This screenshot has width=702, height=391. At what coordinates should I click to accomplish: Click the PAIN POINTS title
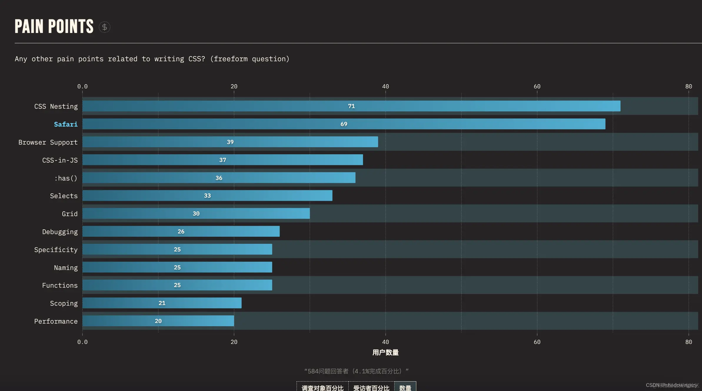pos(54,26)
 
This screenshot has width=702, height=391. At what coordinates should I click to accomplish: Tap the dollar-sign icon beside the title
pos(104,27)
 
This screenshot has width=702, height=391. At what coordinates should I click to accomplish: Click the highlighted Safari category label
pos(66,124)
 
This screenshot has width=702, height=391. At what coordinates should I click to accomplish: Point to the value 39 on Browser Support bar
pos(230,142)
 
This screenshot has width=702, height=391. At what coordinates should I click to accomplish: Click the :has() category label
pos(66,178)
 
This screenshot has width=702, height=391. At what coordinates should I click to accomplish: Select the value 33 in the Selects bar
pos(207,195)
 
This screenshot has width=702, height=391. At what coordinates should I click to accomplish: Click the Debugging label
pos(60,232)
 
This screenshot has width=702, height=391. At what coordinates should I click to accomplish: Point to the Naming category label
pos(66,268)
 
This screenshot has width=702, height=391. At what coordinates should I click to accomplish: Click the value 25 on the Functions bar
pos(177,285)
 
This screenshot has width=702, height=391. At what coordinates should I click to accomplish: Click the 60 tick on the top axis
pos(537,86)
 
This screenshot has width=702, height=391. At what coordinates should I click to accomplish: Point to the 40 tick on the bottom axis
pos(385,342)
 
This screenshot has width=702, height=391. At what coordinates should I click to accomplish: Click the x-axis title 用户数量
pos(385,352)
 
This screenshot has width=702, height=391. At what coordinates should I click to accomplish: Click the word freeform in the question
pos(230,59)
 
